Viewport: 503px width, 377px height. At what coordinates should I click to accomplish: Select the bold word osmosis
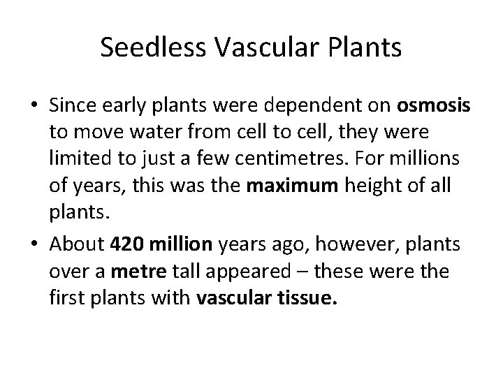[433, 108]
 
